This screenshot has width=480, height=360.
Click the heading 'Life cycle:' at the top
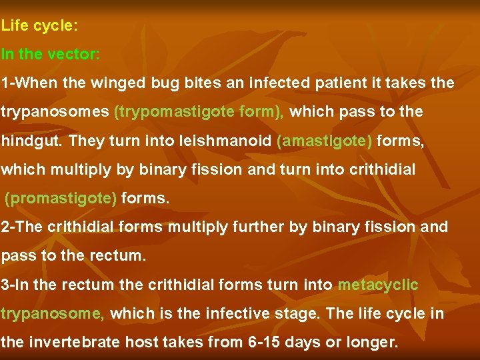point(40,27)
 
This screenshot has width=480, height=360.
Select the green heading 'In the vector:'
point(51,55)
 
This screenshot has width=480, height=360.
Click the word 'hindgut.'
point(31,141)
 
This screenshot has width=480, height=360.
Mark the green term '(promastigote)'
point(61,199)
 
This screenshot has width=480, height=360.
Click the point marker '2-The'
point(21,227)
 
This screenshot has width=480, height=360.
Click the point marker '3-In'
point(17,285)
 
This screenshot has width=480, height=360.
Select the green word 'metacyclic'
point(378,285)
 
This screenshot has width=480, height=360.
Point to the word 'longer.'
point(373,343)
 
